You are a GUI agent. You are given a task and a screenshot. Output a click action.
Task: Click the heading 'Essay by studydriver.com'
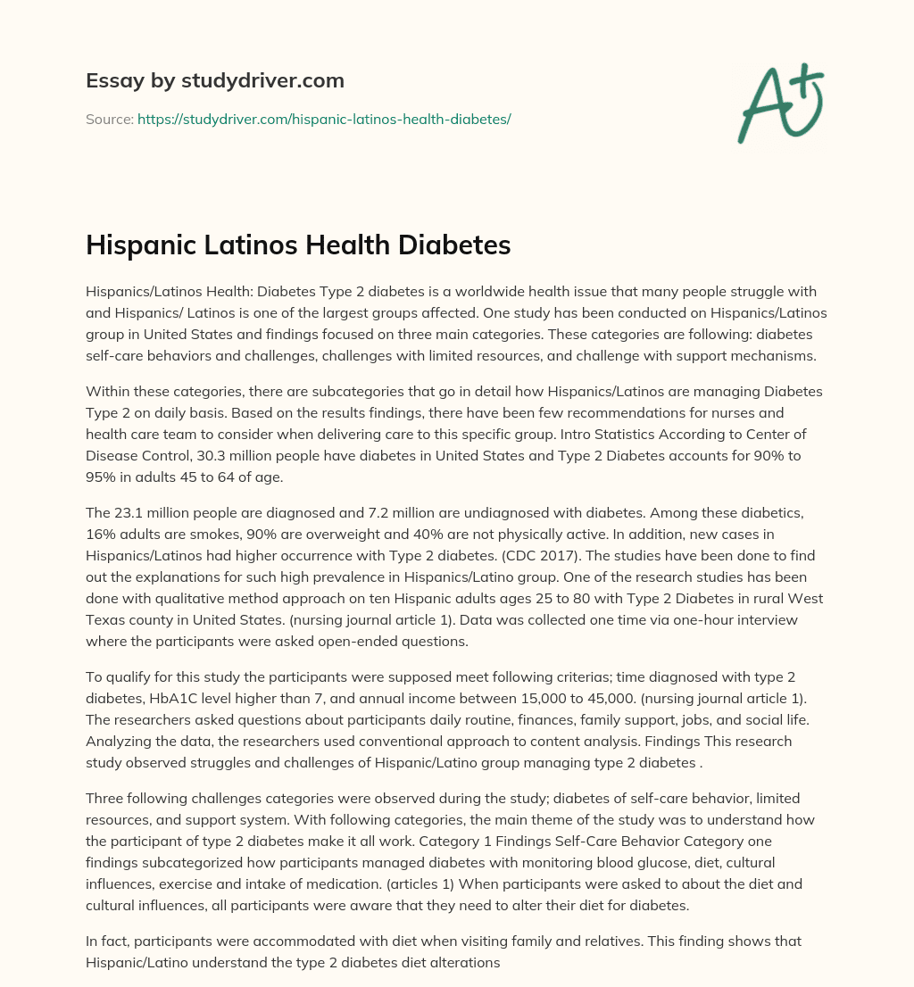tap(214, 80)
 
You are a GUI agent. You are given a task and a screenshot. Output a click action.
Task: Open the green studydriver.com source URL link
tap(323, 119)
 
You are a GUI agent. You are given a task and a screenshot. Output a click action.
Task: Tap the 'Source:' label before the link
tap(109, 119)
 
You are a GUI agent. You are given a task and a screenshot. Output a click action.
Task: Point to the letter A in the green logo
tap(760, 107)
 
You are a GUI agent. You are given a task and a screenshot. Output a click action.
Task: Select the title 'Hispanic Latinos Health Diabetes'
tap(298, 245)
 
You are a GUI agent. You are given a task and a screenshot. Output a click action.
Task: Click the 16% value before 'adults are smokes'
tap(101, 534)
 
